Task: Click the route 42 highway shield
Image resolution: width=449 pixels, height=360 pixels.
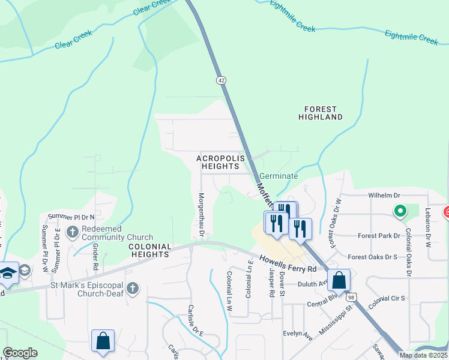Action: pos(221,80)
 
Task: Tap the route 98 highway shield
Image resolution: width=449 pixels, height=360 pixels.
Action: pos(352,297)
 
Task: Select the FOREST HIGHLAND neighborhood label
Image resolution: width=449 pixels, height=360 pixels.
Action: pos(321,113)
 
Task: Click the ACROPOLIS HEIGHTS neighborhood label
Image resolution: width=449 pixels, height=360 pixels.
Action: pos(221,162)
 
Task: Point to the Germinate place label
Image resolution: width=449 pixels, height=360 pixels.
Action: pos(279,176)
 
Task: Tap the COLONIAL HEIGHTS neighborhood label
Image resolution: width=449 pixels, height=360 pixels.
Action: pos(149,250)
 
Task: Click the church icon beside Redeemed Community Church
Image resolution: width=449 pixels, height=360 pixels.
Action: pos(72,232)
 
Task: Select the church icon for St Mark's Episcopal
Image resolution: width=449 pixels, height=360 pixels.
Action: pos(133,289)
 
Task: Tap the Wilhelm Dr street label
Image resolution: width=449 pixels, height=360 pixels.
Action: pos(384,196)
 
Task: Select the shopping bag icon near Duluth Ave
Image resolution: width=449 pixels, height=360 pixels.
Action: pos(339,281)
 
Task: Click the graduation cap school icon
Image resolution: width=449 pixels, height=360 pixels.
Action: pos(7,274)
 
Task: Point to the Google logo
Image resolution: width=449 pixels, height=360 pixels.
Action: pos(20,353)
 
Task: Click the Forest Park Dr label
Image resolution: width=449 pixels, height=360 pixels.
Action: pos(379,236)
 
